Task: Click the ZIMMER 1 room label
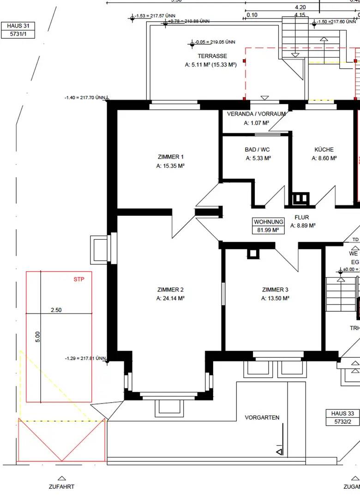[170, 157]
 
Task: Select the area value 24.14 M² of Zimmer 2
[170, 298]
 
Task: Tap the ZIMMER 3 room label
[275, 290]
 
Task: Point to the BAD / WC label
[258, 150]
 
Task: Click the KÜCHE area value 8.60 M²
[324, 158]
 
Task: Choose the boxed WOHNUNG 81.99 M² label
[268, 225]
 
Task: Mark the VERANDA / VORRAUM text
[257, 114]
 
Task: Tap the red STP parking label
[79, 279]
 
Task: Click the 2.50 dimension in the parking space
[56, 310]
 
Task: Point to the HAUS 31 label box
[18, 30]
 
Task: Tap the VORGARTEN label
[262, 418]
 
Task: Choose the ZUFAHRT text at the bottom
[61, 486]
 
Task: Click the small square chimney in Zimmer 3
[252, 254]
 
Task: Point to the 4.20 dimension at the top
[300, 7]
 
